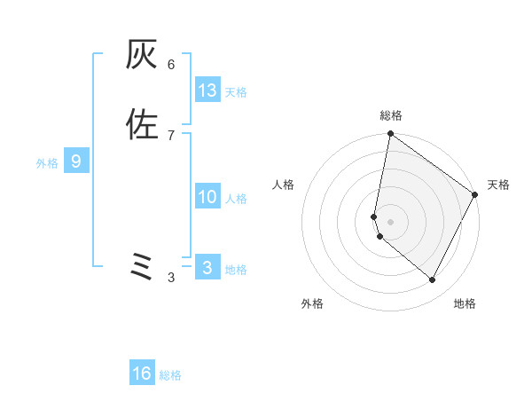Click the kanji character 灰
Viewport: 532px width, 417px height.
click(142, 56)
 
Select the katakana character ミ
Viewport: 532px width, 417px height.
click(142, 267)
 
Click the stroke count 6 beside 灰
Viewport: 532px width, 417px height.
click(171, 65)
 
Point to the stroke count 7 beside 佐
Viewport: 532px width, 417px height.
click(171, 135)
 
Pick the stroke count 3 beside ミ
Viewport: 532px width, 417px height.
click(171, 278)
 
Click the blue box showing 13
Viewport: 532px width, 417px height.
click(207, 90)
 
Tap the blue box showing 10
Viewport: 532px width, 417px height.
click(207, 197)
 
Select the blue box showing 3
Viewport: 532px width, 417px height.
click(207, 268)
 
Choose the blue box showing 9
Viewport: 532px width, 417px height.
click(76, 161)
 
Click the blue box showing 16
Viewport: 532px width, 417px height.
click(142, 374)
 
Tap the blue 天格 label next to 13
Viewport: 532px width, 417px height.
click(236, 92)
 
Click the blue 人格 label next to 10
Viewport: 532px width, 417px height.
click(236, 200)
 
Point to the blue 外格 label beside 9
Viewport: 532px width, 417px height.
click(47, 163)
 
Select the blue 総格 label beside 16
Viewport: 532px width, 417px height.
click(170, 375)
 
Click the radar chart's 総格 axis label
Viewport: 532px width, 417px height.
click(390, 116)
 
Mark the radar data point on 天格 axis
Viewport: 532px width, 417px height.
click(475, 195)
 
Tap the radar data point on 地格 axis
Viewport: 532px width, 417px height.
click(433, 280)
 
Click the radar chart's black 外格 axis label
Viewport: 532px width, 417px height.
click(312, 303)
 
